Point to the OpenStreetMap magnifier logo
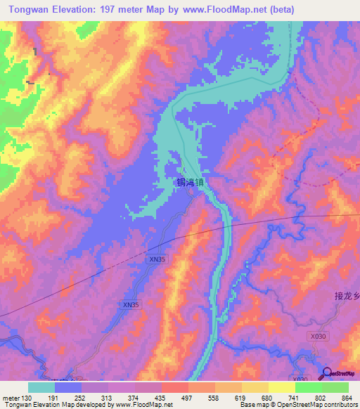pyautogui.click(x=328, y=372)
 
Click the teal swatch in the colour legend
pyautogui.click(x=41, y=387)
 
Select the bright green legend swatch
pyautogui.click(x=308, y=387)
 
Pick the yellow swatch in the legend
pyautogui.click(x=255, y=387)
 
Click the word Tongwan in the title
pyautogui.click(x=31, y=10)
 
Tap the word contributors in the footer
pyautogui.click(x=340, y=404)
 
